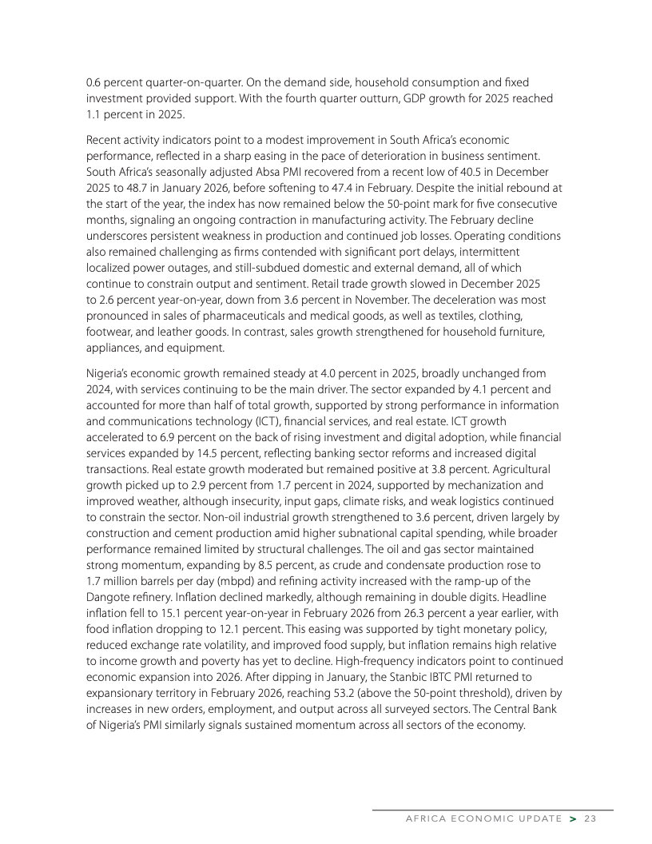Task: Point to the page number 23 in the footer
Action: (590, 818)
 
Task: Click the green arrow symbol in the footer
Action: (572, 818)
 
